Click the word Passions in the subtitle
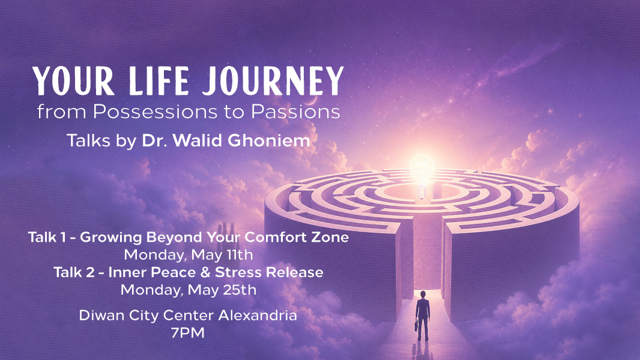[295, 112]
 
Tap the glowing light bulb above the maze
[422, 175]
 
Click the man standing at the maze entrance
[423, 315]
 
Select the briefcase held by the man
[416, 325]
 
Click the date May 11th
[222, 255]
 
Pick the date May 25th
[222, 290]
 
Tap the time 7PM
[188, 333]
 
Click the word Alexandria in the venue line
[258, 315]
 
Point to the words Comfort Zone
[297, 237]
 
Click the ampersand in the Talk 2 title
[205, 272]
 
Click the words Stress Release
[269, 272]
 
